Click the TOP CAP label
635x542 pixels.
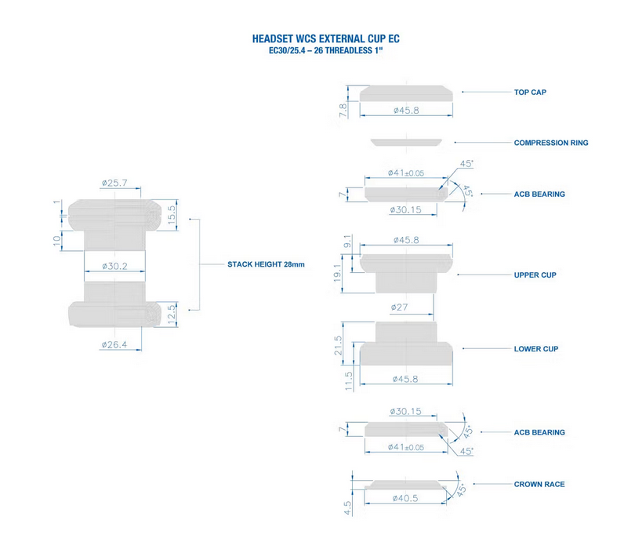530,93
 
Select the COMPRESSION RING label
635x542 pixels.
550,143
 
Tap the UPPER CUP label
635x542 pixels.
535,275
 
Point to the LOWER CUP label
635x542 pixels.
535,348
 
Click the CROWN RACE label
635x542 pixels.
539,484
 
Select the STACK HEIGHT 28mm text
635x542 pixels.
265,265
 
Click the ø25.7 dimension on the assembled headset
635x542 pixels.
114,183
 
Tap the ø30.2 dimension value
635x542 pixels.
114,266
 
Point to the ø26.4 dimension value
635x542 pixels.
114,344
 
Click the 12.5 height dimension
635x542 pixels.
172,315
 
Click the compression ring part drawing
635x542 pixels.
407,142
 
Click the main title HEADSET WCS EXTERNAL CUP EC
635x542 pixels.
329,38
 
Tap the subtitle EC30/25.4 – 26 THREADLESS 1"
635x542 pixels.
329,50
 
